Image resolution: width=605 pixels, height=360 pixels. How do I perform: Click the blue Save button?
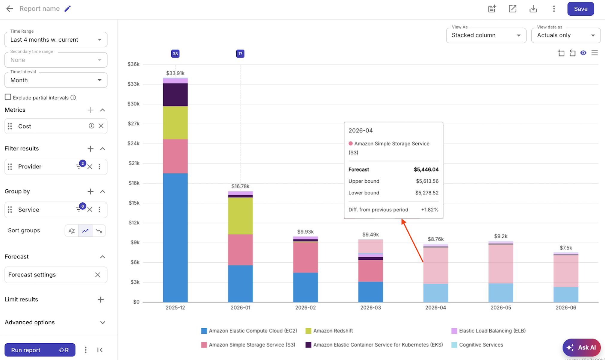[580, 9]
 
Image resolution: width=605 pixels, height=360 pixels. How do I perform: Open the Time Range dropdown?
[56, 40]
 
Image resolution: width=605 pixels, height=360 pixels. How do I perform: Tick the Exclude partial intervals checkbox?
[8, 97]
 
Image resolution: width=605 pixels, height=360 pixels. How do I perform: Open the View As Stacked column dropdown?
[486, 35]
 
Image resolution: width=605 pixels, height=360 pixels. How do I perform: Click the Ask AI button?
[581, 347]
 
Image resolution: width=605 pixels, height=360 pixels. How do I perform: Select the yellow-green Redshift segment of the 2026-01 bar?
[240, 216]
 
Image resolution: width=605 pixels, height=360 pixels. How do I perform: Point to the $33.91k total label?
[175, 73]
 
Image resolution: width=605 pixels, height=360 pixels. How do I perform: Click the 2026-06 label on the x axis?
[565, 308]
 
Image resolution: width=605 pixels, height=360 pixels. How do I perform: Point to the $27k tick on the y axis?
[134, 123]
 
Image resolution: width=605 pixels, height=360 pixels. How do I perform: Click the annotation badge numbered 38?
[175, 54]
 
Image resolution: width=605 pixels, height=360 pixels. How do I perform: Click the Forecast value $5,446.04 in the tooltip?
[426, 170]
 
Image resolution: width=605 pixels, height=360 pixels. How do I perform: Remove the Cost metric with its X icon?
[101, 126]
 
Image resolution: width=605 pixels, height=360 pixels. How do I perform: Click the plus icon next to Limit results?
[101, 300]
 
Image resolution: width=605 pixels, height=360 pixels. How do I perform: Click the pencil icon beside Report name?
[68, 9]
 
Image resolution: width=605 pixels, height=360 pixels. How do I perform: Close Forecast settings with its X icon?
[98, 275]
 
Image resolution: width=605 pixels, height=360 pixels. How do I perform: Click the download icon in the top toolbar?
[533, 9]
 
